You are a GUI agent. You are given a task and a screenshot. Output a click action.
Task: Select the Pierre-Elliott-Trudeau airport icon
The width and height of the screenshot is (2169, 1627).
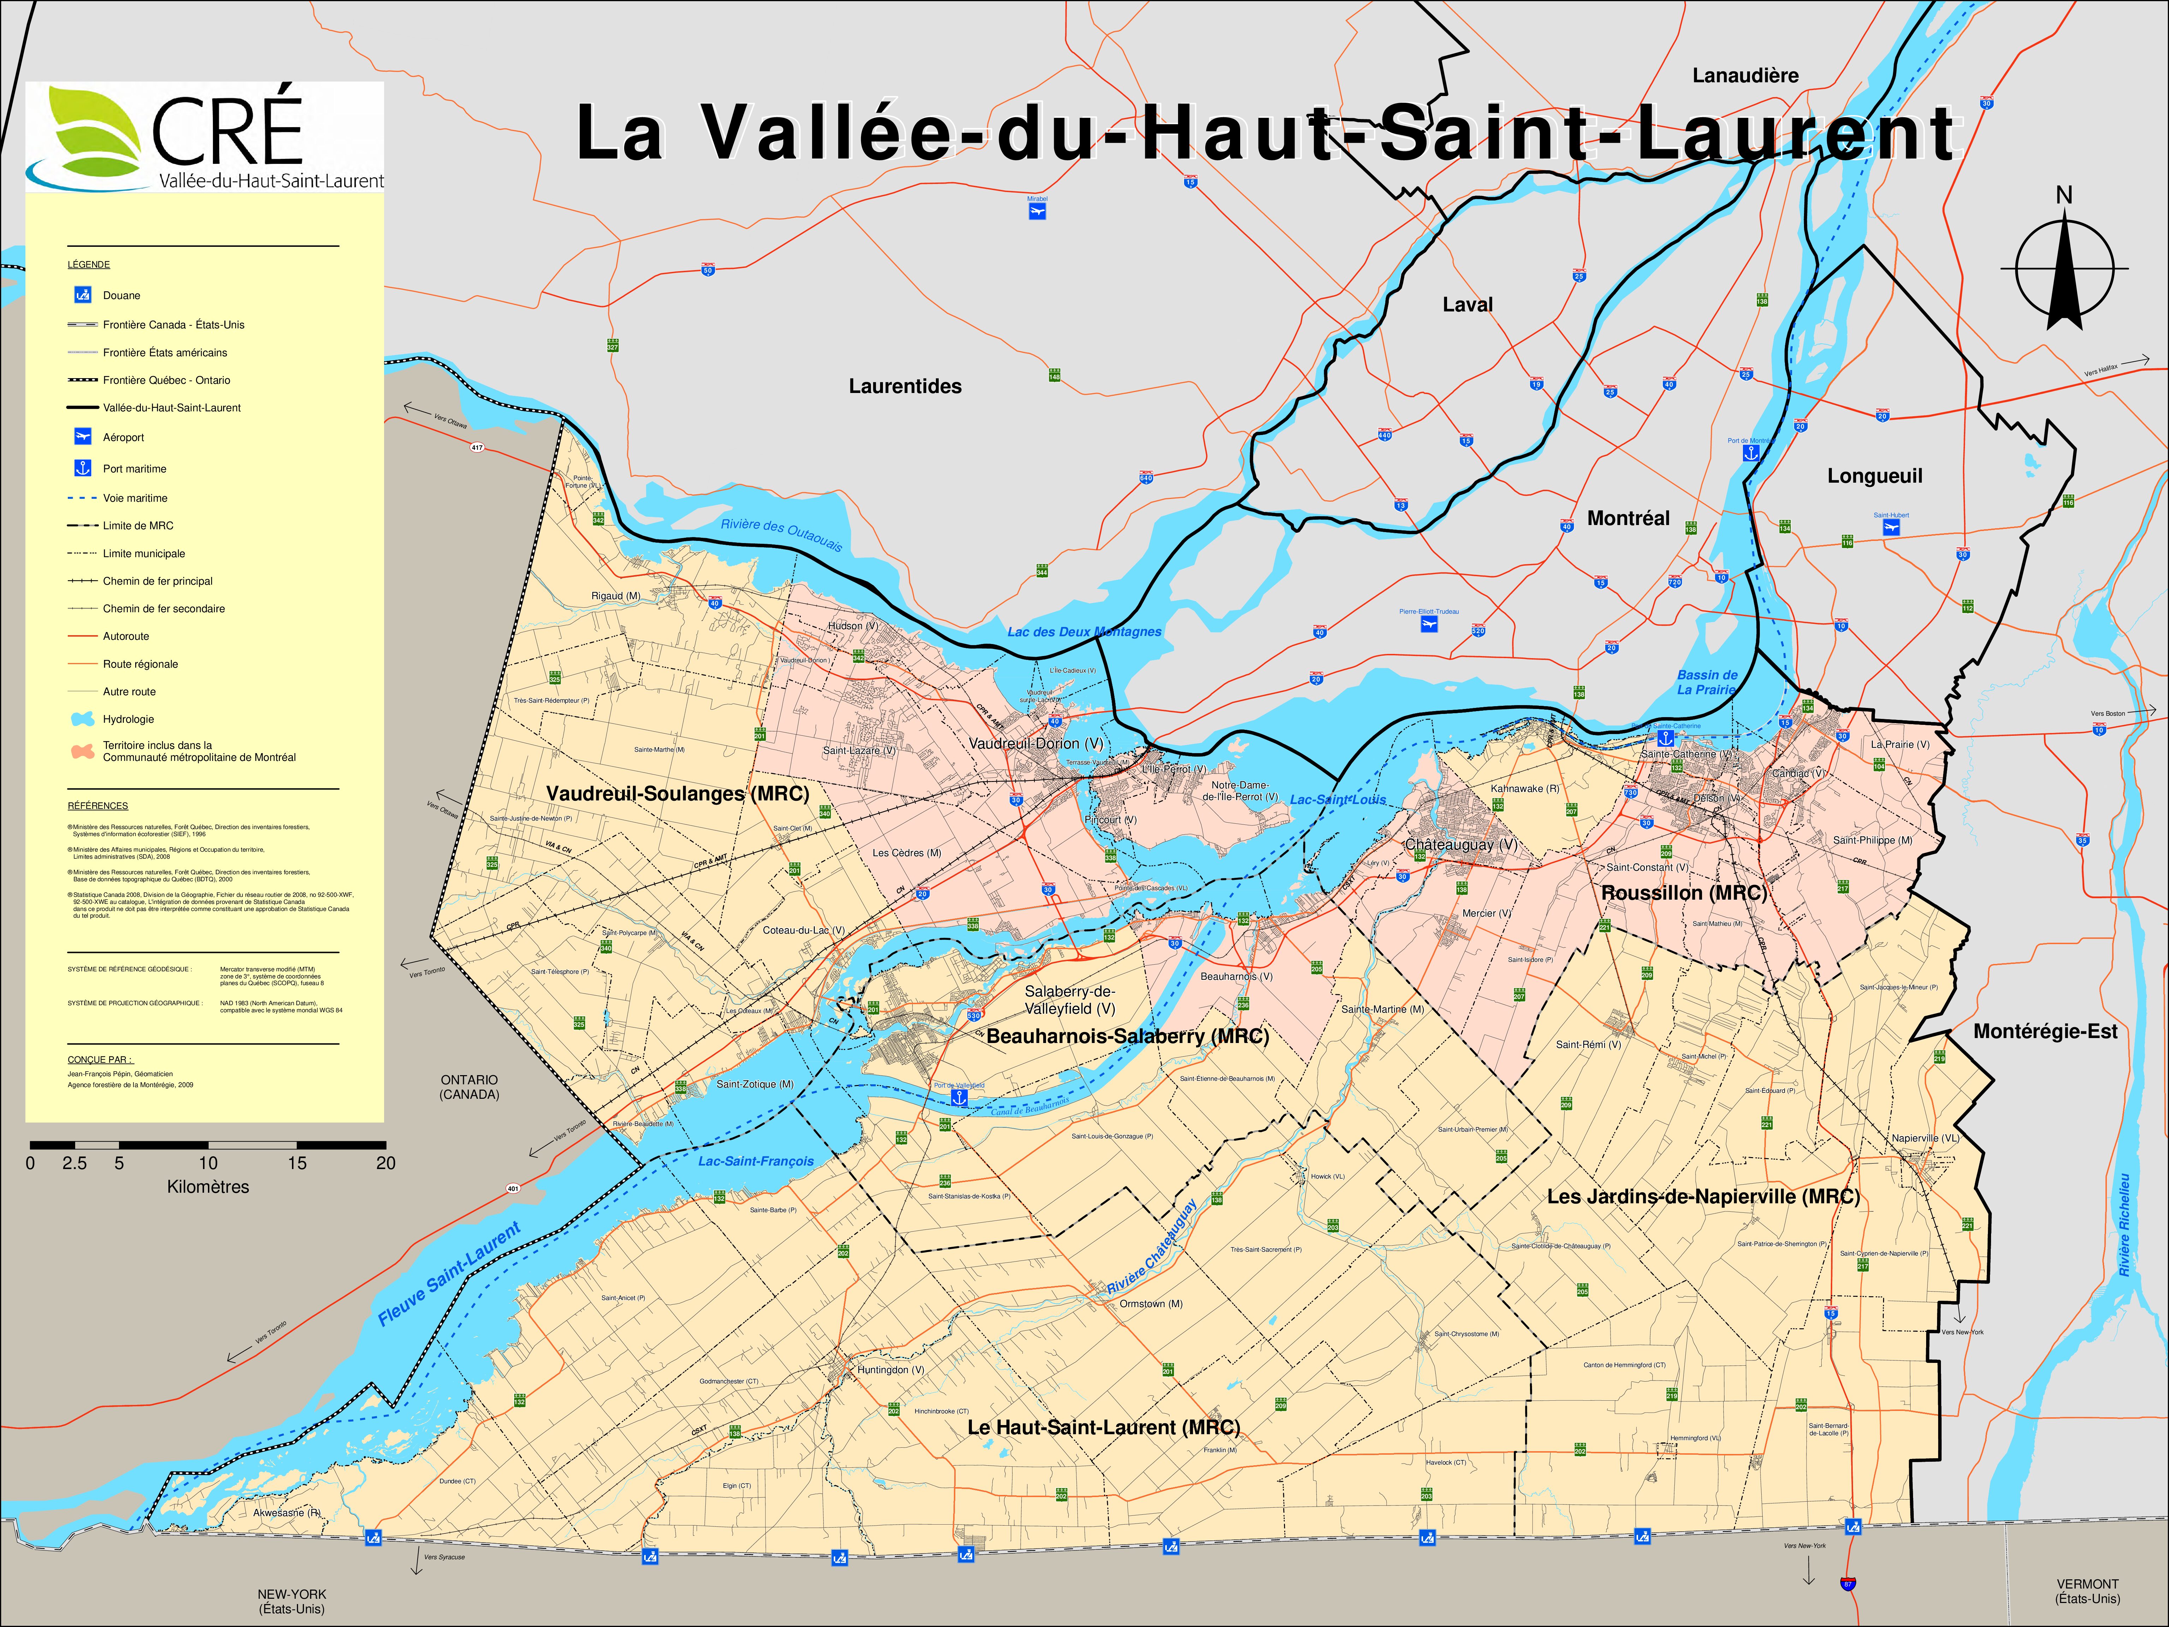1429,624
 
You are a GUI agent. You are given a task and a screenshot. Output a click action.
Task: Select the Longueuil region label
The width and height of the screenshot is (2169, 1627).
1874,476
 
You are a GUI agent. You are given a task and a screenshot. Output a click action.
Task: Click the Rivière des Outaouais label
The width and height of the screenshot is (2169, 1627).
782,535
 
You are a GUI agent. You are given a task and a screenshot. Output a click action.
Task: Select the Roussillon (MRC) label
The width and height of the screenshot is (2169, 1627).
1684,893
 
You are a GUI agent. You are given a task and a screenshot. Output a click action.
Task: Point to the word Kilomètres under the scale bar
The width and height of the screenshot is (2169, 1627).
208,1187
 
